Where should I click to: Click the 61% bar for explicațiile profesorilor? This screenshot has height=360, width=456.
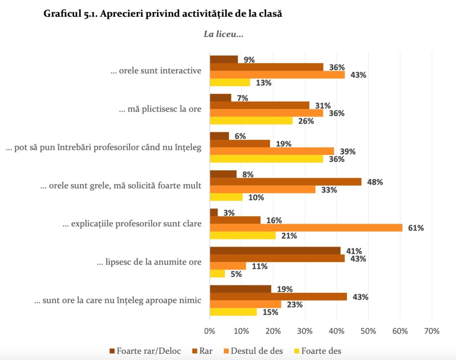306,228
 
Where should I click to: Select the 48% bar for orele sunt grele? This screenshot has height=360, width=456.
285,182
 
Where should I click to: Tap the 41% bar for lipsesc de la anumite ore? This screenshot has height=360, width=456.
275,251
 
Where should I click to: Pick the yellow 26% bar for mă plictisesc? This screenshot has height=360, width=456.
251,121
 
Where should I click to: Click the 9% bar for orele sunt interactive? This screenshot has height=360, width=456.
224,59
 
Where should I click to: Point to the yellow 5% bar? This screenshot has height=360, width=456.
217,274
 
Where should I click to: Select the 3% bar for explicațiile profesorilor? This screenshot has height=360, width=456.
214,212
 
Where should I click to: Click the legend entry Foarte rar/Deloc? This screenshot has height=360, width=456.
145,351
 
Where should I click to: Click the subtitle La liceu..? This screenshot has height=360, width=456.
224,34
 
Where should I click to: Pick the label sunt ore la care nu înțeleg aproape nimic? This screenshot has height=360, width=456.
118,300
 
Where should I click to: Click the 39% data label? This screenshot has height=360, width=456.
348,151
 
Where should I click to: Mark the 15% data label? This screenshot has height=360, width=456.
270,312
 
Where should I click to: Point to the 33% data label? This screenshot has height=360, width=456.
329,190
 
